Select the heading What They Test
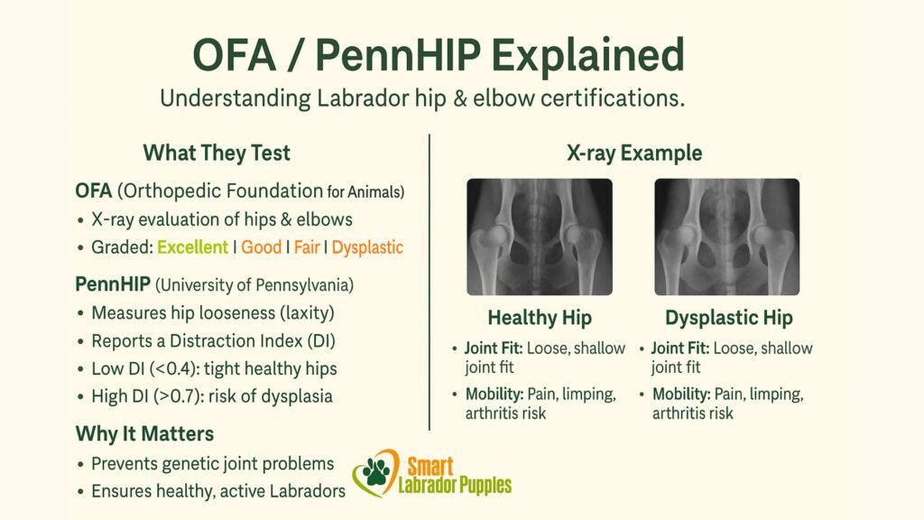[217, 153]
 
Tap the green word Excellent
[192, 246]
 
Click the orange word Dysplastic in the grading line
[367, 246]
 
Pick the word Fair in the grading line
[307, 246]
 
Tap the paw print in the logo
[373, 472]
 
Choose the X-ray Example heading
[633, 153]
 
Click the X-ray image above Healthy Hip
[539, 237]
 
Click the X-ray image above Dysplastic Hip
[727, 237]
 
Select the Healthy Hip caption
[539, 318]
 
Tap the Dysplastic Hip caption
[728, 318]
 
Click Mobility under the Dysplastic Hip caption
[683, 395]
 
